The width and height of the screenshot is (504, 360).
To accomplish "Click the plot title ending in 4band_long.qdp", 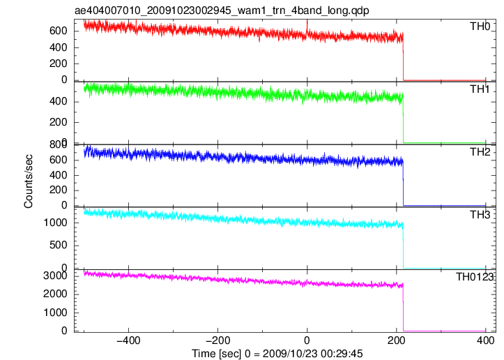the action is pyautogui.click(x=222, y=10).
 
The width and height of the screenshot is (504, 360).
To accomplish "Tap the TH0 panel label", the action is pyautogui.click(x=480, y=27).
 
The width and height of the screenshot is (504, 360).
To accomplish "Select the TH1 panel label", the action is pyautogui.click(x=480, y=89).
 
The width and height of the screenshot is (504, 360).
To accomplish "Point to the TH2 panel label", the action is pyautogui.click(x=480, y=152).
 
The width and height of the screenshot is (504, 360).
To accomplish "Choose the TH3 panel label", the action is pyautogui.click(x=480, y=215).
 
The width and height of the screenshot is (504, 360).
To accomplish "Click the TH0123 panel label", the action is pyautogui.click(x=475, y=277).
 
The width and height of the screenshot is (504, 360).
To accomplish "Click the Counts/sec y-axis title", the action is pyautogui.click(x=29, y=181).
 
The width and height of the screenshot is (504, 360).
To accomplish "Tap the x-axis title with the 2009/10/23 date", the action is pyautogui.click(x=277, y=354).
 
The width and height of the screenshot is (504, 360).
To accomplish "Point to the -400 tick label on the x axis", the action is pyautogui.click(x=128, y=340).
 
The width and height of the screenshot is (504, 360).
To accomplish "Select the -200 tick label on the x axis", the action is pyautogui.click(x=217, y=340).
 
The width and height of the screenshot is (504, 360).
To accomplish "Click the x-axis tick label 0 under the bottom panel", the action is pyautogui.click(x=307, y=340).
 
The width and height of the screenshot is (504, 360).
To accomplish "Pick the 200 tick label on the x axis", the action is pyautogui.click(x=397, y=340).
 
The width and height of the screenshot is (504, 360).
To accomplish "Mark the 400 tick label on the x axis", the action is pyautogui.click(x=485, y=340).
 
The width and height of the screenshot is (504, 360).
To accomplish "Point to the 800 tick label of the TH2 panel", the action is pyautogui.click(x=58, y=144).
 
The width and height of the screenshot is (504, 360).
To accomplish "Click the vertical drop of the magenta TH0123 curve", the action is pyautogui.click(x=403, y=307).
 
